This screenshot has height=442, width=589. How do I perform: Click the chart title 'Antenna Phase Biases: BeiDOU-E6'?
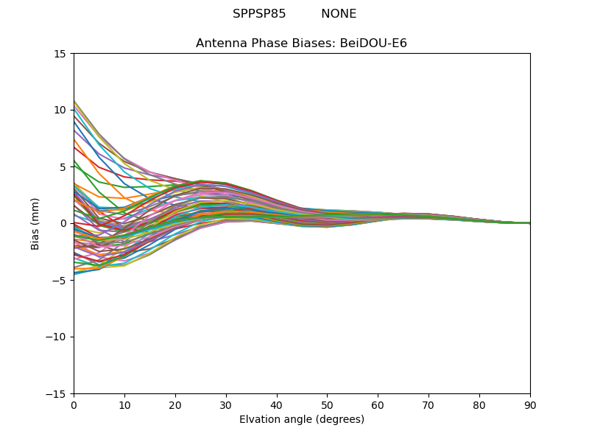click(301, 43)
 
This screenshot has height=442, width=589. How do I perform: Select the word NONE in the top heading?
click(339, 14)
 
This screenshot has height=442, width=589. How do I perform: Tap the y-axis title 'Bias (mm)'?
click(35, 223)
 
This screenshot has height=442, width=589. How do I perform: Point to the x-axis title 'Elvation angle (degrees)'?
click(301, 420)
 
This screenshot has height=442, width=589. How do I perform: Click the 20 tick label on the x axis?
click(175, 405)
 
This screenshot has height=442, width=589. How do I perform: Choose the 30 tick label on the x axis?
click(226, 405)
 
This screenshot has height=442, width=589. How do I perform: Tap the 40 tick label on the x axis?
click(277, 405)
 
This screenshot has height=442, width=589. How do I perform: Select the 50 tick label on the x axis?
click(327, 405)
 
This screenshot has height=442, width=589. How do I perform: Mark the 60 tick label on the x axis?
click(378, 405)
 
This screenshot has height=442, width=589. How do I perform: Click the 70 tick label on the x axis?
click(428, 405)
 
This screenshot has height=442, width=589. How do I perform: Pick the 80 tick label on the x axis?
click(479, 405)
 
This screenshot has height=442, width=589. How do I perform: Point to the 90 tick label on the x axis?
click(530, 405)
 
